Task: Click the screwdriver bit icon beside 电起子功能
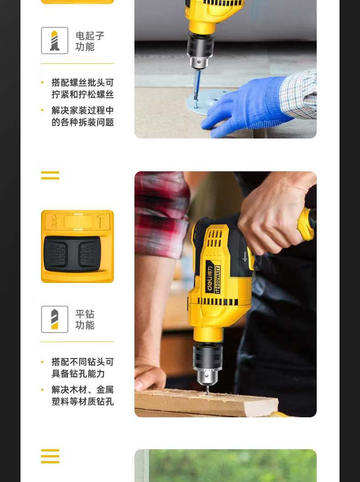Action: (54, 41)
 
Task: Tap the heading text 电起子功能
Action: (90, 41)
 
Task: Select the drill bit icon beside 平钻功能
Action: (54, 319)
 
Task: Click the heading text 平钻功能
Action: (85, 319)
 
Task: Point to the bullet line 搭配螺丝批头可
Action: (82, 82)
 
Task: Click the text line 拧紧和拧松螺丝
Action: (82, 94)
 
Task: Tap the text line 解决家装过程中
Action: (82, 110)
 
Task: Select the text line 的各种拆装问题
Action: (82, 123)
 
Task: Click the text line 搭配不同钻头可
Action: (82, 362)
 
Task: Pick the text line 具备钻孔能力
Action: (78, 374)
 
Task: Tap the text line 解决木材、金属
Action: (82, 390)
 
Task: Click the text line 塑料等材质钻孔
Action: (82, 402)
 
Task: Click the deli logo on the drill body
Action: (210, 279)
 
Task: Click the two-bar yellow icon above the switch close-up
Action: (50, 175)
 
